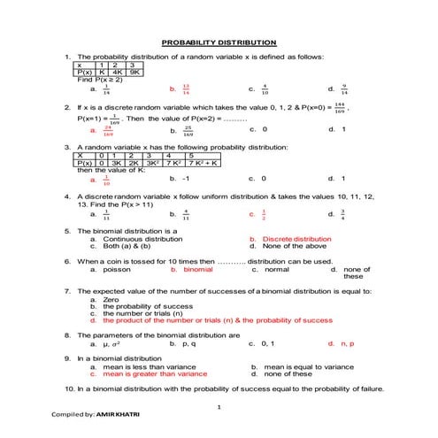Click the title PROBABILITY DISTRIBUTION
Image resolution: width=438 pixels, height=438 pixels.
(x=219, y=42)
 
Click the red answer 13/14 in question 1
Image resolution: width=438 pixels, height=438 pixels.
(x=185, y=88)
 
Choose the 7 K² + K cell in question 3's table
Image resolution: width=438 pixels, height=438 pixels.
(x=204, y=163)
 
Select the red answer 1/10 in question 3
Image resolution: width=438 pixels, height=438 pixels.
(x=106, y=179)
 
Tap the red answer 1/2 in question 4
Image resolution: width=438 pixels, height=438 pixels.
(x=264, y=213)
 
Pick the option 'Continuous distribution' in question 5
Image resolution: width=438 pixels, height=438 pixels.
(x=134, y=239)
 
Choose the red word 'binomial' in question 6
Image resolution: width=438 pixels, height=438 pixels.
(x=197, y=269)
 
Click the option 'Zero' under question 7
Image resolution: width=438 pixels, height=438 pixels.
(x=111, y=299)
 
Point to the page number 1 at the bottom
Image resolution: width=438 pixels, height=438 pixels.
(x=218, y=406)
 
